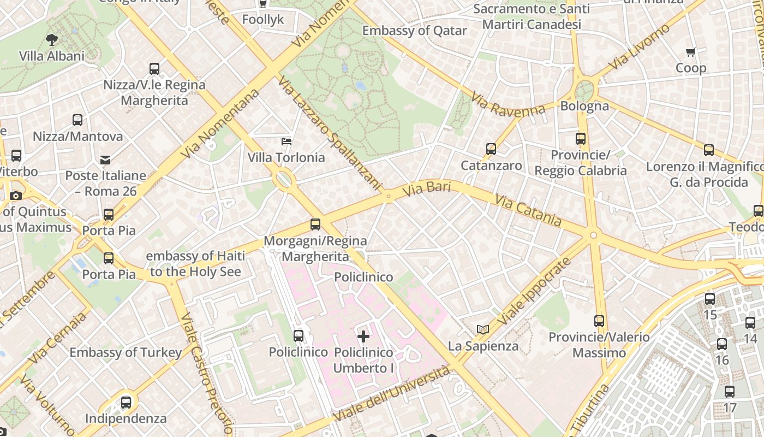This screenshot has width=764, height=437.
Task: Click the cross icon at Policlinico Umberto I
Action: (363, 336)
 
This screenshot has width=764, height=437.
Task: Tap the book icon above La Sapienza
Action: (483, 329)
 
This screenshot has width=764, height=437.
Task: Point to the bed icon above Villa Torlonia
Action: (286, 141)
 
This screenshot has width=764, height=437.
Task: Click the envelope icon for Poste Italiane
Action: (105, 160)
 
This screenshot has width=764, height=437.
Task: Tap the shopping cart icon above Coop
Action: (691, 52)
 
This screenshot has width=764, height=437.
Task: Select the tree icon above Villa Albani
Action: (52, 39)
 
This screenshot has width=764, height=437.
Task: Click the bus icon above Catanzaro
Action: (491, 149)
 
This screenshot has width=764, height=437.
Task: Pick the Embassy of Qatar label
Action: (415, 31)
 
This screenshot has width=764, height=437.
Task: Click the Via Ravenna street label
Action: (508, 105)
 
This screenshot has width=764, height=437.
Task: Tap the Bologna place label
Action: (584, 106)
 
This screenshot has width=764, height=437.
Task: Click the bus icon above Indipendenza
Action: (126, 403)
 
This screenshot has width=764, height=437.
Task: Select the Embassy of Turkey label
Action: (126, 353)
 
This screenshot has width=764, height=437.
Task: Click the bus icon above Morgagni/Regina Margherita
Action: (315, 225)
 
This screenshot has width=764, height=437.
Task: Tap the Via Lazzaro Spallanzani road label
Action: (329, 133)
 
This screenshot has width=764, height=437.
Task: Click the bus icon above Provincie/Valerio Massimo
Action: (599, 321)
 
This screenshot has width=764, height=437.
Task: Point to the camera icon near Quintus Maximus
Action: (16, 196)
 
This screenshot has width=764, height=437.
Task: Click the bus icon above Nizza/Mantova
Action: (77, 120)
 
